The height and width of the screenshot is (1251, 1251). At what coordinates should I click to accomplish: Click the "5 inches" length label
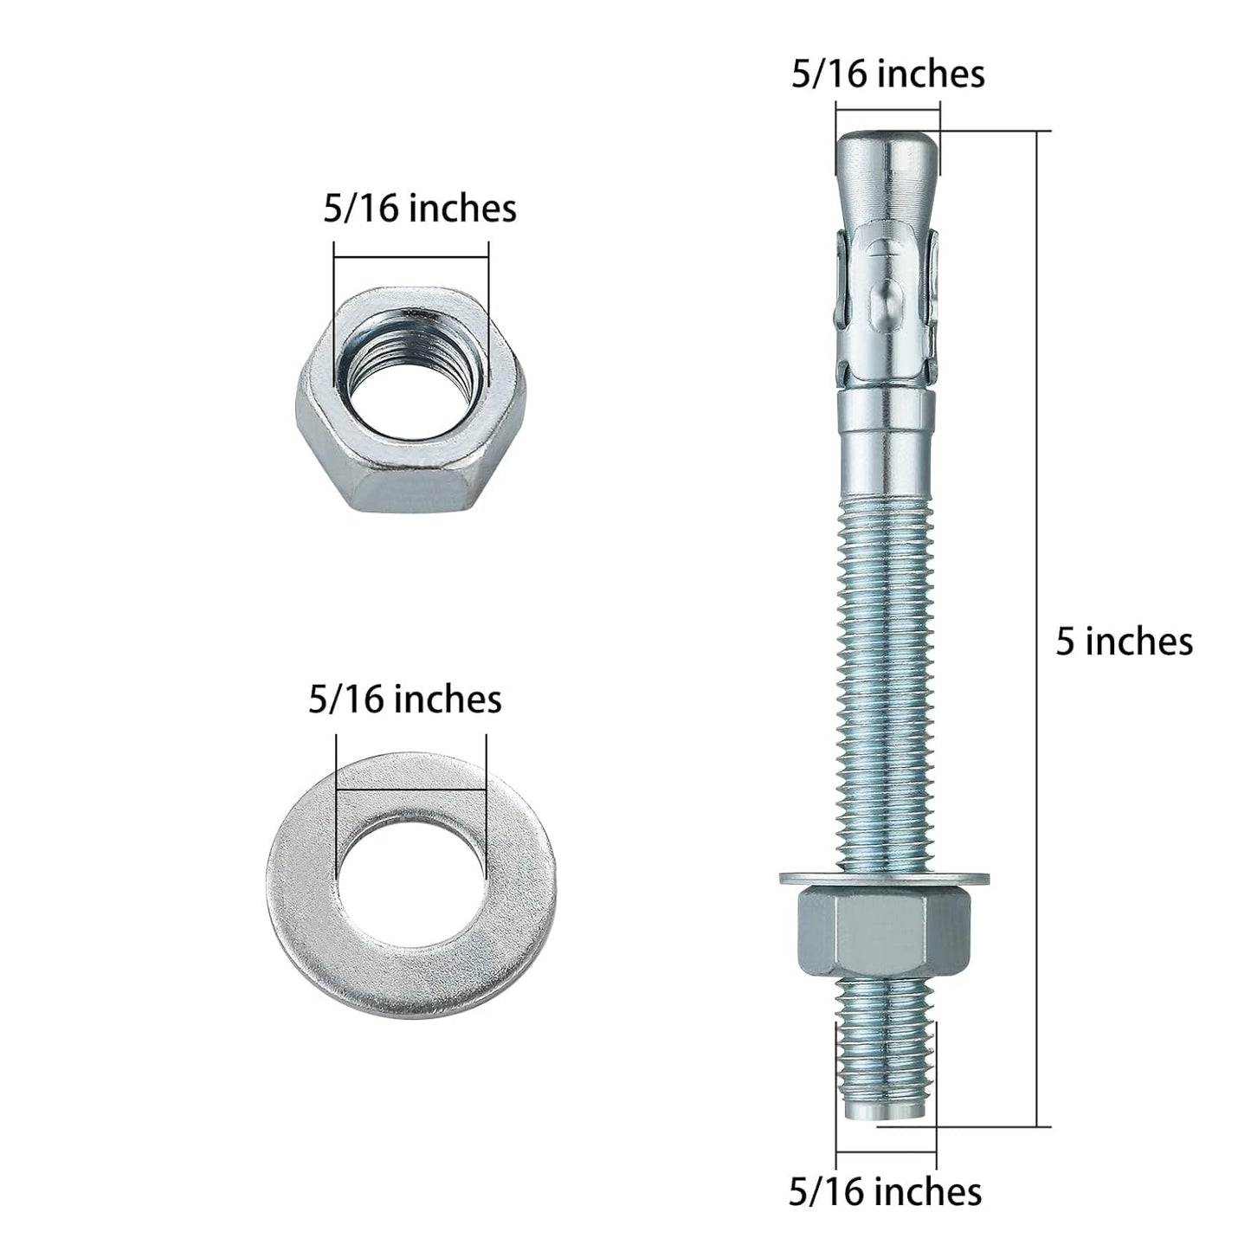click(x=1124, y=642)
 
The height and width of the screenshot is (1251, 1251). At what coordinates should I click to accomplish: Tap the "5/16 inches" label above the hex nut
click(x=420, y=210)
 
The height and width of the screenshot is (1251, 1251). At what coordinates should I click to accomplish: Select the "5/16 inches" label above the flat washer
click(x=405, y=700)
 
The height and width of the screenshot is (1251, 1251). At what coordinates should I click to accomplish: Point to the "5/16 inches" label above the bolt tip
click(x=888, y=74)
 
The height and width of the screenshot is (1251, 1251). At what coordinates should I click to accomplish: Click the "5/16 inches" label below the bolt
click(x=885, y=1192)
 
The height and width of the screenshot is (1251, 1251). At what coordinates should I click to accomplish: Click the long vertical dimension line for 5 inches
click(x=1037, y=628)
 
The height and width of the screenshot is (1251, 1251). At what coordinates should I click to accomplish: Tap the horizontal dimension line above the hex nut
click(x=411, y=256)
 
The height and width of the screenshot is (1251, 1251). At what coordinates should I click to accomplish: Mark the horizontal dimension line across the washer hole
click(x=411, y=789)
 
